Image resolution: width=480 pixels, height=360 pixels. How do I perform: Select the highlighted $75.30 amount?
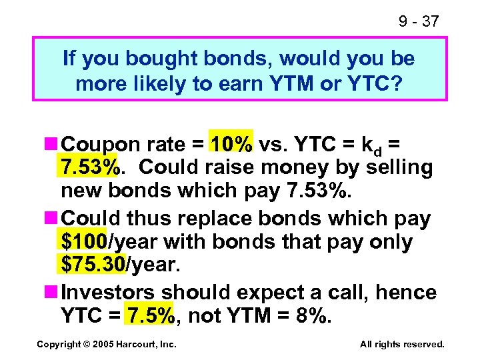pyautogui.click(x=93, y=265)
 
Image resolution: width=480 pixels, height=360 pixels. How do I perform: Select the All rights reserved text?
pyautogui.click(x=402, y=344)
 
